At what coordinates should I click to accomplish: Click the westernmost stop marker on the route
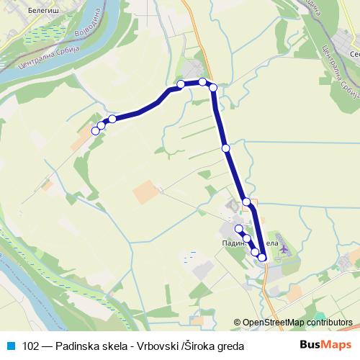pos(95,130)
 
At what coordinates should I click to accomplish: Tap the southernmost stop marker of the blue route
pos(262,257)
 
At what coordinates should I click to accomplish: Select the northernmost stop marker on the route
pos(203,81)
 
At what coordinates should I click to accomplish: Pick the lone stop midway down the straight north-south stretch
pos(226,148)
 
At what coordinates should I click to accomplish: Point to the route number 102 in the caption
pos(32,346)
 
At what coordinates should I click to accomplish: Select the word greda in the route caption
pos(230,346)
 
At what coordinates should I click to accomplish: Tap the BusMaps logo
pos(325,346)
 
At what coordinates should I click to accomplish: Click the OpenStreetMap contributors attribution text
pos(297,322)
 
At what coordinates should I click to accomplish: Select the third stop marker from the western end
pos(112,119)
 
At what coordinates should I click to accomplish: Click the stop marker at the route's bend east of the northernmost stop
pos(213,87)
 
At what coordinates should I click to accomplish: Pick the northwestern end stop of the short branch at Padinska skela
pos(239,228)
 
